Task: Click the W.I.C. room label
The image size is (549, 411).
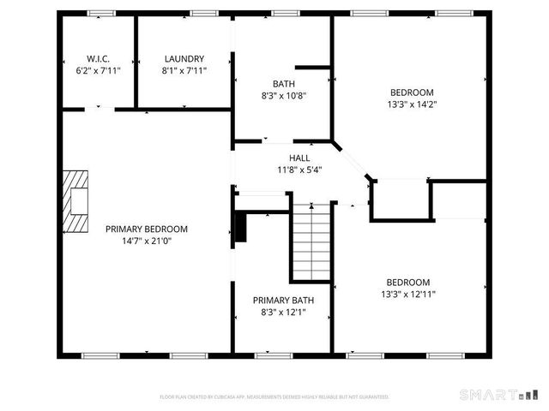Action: coord(98,59)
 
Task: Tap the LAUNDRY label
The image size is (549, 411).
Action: coord(184,59)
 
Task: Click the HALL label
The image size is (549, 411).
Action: coord(299,158)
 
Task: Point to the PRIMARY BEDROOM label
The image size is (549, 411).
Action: coord(146,229)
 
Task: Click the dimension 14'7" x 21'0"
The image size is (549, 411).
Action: coord(146,241)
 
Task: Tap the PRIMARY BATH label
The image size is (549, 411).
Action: coord(282,301)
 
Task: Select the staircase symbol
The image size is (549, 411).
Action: coord(311,241)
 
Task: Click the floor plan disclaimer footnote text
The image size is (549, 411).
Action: coord(274,396)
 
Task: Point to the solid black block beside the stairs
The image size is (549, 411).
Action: coord(240,227)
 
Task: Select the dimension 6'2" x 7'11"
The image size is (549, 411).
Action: coord(98,71)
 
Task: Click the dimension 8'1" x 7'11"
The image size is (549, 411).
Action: coord(184,71)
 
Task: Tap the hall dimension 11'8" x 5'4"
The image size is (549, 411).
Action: coord(299,170)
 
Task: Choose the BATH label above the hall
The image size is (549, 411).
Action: coord(283,83)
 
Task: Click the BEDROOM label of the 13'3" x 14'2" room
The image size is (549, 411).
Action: coord(412,92)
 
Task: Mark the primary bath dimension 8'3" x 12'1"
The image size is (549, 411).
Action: coord(282,313)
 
